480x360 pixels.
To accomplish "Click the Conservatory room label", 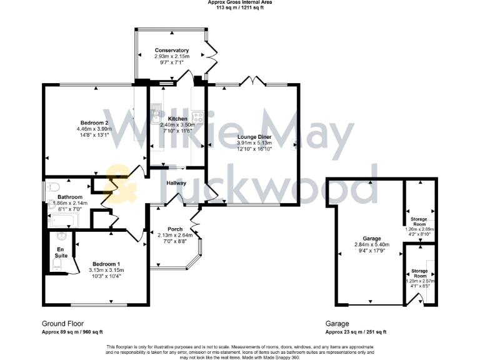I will click(x=172, y=51).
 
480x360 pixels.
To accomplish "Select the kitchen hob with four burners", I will click(x=198, y=116).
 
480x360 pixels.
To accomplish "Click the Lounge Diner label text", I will click(x=254, y=136).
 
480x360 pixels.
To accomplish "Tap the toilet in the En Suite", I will click(x=60, y=236).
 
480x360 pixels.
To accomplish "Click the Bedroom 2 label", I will click(x=95, y=122).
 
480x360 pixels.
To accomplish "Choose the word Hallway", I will click(x=177, y=183).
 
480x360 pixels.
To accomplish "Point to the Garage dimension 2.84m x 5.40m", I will click(x=372, y=244).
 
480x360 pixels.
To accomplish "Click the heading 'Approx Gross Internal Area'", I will click(x=240, y=3).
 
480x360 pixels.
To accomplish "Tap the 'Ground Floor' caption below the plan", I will click(x=62, y=324).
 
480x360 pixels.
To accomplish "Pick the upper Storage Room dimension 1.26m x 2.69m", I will click(x=419, y=229).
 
